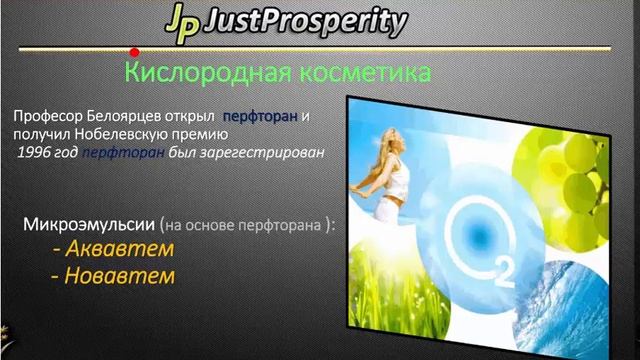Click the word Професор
coord(47,118)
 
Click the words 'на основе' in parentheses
coord(225,225)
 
